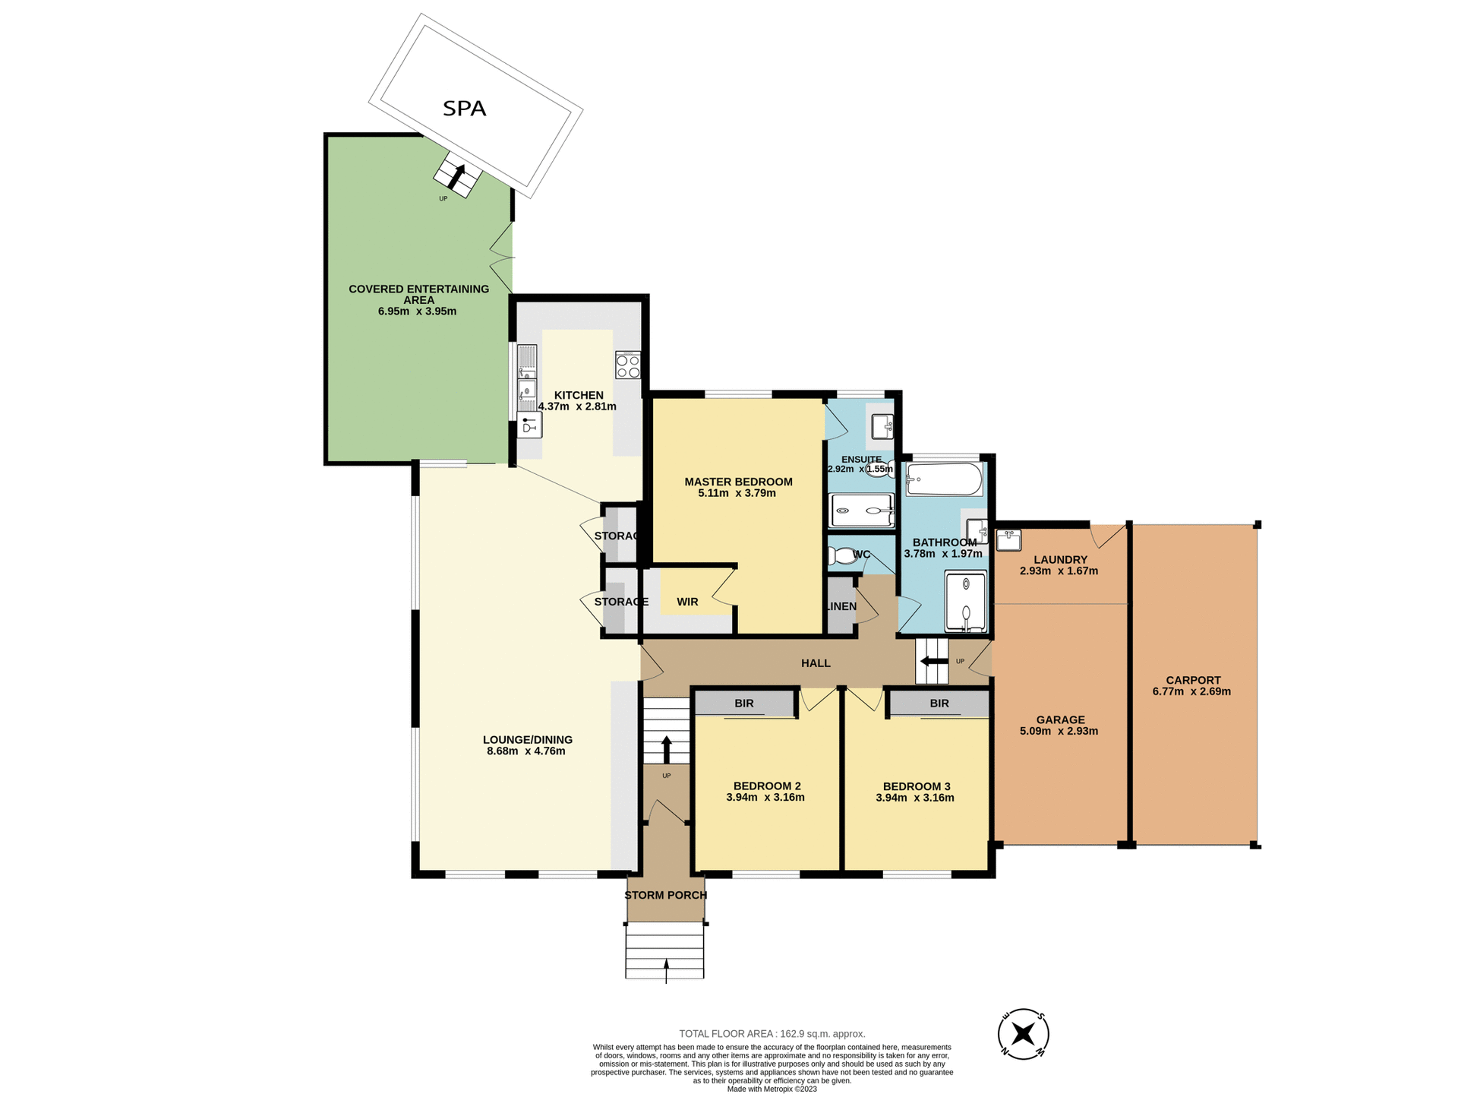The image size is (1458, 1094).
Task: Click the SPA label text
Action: click(x=464, y=109)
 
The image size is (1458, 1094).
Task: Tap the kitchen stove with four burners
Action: click(x=628, y=365)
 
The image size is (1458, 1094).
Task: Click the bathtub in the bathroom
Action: click(x=944, y=479)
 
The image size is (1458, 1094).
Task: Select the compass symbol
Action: click(x=1023, y=1034)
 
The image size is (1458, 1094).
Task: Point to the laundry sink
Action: click(x=1008, y=540)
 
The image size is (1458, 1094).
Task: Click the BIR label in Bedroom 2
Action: click(x=743, y=704)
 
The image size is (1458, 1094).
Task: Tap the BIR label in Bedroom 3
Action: click(x=939, y=704)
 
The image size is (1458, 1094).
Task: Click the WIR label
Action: click(x=687, y=602)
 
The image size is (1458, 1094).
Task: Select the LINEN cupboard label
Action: click(x=841, y=606)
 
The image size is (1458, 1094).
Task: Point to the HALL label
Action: click(x=816, y=663)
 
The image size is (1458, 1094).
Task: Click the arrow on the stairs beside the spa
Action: click(x=457, y=176)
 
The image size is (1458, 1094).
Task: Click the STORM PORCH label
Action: click(x=665, y=895)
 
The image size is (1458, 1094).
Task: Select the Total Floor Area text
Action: click(x=772, y=1034)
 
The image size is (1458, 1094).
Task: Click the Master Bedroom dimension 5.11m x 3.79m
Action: click(x=737, y=493)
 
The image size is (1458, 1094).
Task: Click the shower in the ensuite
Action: click(x=861, y=511)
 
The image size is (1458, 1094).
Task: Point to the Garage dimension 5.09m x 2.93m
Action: click(x=1059, y=731)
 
